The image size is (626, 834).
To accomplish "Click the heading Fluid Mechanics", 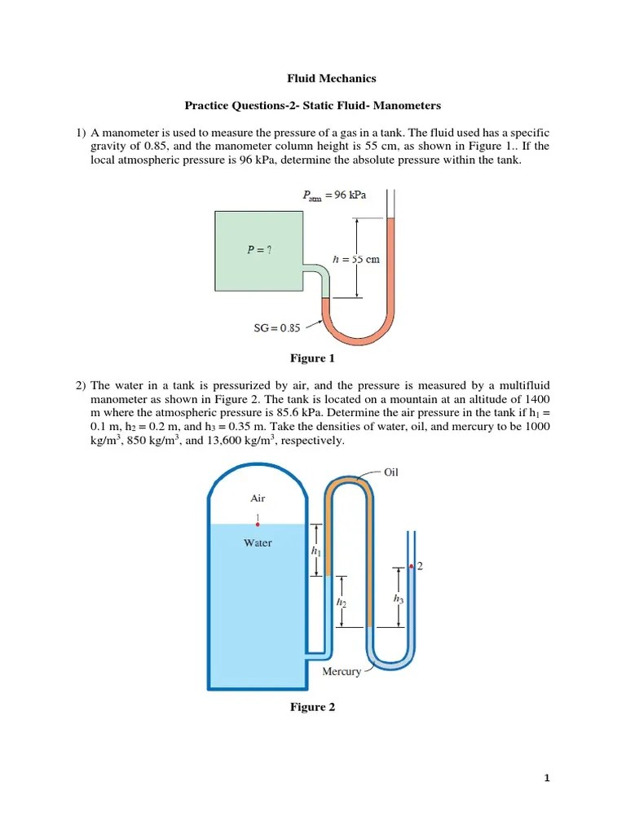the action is tap(331, 79).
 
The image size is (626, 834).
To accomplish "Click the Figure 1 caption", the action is tap(312, 358).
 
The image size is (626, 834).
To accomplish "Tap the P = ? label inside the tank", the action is tap(259, 251).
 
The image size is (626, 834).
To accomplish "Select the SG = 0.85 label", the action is tap(277, 328).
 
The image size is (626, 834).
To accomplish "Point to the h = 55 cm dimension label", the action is tap(357, 260).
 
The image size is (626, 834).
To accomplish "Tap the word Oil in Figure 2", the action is tap(390, 472).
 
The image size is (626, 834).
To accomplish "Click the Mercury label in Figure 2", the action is tap(342, 671).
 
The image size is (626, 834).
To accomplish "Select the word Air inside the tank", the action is tap(258, 498).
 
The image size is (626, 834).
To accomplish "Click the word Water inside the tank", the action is tap(258, 542).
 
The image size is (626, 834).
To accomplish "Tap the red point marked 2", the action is tap(411, 566).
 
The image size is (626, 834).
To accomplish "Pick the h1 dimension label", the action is tap(315, 551).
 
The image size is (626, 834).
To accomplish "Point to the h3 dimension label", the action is tap(398, 598).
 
